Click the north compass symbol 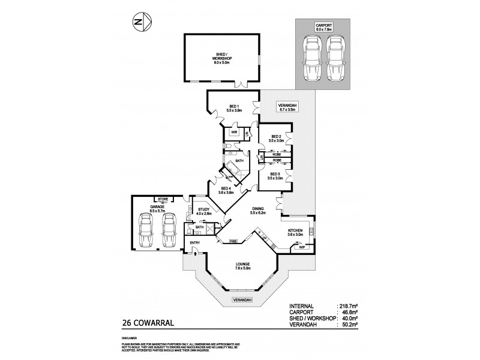coord(138,22)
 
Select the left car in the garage coord(145,232)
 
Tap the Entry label coord(194,242)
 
